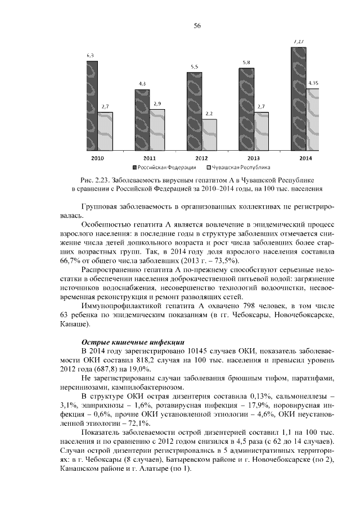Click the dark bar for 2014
(x=298, y=99)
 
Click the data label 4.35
(x=313, y=83)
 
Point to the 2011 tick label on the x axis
(x=150, y=157)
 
